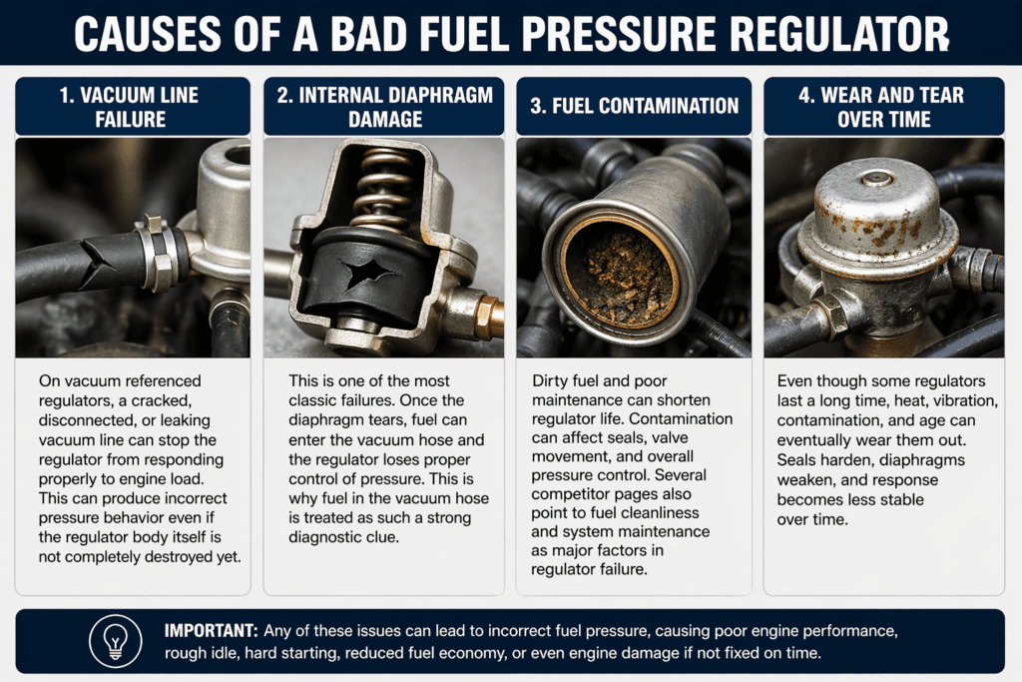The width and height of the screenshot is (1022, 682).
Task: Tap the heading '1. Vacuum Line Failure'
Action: click(x=133, y=108)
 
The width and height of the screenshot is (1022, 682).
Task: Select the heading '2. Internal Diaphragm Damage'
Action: click(x=383, y=108)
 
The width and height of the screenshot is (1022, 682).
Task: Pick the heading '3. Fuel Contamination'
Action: click(x=634, y=106)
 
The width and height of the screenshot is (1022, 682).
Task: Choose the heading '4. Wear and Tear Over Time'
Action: click(x=883, y=108)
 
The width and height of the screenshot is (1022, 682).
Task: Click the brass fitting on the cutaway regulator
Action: click(x=488, y=319)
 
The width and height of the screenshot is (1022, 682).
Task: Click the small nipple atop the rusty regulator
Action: click(x=875, y=178)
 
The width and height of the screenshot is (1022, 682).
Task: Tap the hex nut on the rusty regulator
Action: click(x=829, y=319)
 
